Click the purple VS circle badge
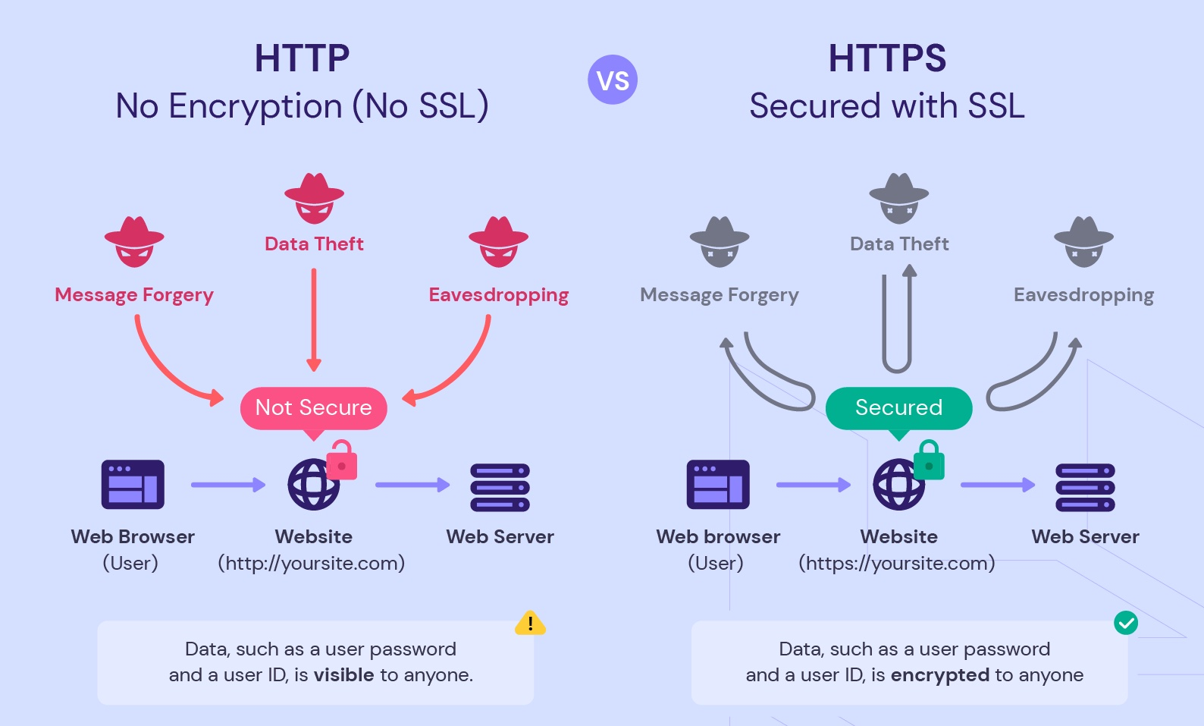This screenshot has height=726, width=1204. (613, 80)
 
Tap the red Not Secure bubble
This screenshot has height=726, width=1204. (313, 408)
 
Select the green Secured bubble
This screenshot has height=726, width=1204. (898, 408)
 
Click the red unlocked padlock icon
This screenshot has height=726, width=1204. (342, 460)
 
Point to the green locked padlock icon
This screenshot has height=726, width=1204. (929, 460)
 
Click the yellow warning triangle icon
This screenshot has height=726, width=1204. (530, 624)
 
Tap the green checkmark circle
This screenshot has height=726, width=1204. (1126, 623)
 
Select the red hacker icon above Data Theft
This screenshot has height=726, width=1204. (314, 198)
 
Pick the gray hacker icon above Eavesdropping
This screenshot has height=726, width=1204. (1084, 241)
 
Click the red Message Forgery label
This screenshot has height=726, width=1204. (134, 294)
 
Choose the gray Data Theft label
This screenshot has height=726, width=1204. (899, 244)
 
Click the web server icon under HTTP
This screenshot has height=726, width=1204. (500, 488)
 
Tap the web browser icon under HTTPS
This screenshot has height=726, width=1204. (718, 484)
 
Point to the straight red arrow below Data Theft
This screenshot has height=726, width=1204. (314, 319)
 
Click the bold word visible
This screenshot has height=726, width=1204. (343, 674)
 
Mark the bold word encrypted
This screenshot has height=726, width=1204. (940, 674)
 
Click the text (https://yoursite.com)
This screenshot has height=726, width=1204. (896, 563)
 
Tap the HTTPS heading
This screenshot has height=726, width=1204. (887, 58)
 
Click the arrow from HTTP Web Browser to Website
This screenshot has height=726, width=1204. (227, 485)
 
